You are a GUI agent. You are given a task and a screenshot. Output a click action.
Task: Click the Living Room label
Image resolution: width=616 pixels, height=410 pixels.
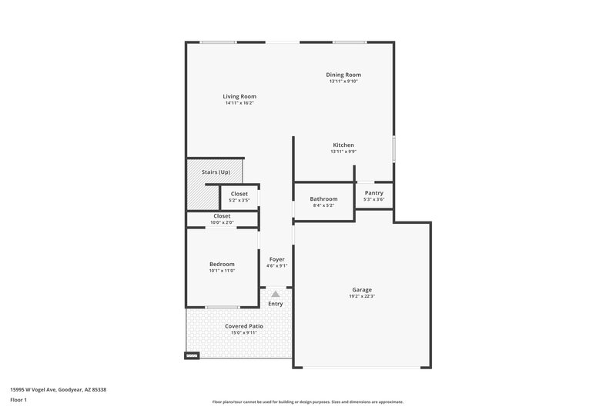[x=239, y=96]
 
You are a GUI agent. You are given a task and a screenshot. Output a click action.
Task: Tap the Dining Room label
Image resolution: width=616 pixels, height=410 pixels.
[x=343, y=75]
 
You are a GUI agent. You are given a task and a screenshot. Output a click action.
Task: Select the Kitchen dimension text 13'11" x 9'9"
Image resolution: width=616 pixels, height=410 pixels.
[x=343, y=152]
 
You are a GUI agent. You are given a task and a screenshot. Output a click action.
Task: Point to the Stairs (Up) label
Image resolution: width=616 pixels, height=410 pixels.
[x=216, y=172]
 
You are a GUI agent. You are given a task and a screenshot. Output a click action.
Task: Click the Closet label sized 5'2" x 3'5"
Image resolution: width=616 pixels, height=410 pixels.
[x=239, y=194]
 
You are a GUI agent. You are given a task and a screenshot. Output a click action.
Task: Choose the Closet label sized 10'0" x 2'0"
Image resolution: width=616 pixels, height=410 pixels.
[x=222, y=216]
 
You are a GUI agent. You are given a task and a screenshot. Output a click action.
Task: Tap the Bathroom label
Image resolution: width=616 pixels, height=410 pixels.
[x=323, y=198]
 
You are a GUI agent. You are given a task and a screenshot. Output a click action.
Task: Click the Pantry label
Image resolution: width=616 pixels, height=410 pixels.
[x=374, y=193]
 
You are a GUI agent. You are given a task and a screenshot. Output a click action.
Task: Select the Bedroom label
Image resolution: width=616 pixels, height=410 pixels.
[x=222, y=264]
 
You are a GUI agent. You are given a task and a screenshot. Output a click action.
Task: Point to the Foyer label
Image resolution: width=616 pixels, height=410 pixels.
[x=277, y=259]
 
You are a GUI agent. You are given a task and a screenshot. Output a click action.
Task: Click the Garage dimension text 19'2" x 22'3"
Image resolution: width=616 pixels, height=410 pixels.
[x=362, y=296]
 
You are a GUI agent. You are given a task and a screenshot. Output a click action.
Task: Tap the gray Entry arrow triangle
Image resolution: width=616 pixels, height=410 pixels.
[x=276, y=294]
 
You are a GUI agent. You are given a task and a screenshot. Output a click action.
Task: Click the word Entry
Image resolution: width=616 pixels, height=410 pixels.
[x=276, y=304]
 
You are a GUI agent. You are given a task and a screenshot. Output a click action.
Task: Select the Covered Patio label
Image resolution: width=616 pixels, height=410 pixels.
[x=244, y=326]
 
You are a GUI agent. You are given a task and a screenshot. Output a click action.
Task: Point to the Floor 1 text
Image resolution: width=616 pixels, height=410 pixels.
[x=18, y=401]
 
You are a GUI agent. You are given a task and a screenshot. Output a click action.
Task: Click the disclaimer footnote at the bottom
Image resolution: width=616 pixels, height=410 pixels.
[x=307, y=402]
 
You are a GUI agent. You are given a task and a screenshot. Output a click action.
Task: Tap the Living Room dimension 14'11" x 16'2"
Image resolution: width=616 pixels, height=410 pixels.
[x=239, y=103]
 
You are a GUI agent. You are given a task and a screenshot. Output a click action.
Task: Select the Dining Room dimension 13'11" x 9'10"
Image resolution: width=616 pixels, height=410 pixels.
[x=343, y=81]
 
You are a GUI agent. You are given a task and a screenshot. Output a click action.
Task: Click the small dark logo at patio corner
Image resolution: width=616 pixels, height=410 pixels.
[x=192, y=355]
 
